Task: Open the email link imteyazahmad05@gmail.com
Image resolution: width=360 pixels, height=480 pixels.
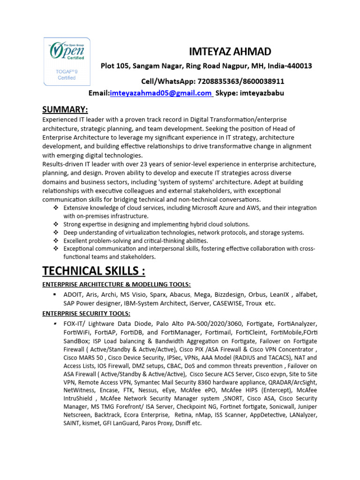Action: (161, 93)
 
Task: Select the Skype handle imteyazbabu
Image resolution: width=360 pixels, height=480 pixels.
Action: (262, 93)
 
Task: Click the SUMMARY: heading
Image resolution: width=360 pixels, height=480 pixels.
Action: (65, 110)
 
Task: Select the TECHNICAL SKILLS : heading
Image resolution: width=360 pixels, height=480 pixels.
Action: (94, 271)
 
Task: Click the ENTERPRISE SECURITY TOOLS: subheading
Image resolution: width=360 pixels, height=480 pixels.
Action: (87, 313)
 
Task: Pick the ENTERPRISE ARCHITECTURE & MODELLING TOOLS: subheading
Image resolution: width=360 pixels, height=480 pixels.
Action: (117, 285)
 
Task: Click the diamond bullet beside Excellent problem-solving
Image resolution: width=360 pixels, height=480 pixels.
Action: (55, 240)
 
